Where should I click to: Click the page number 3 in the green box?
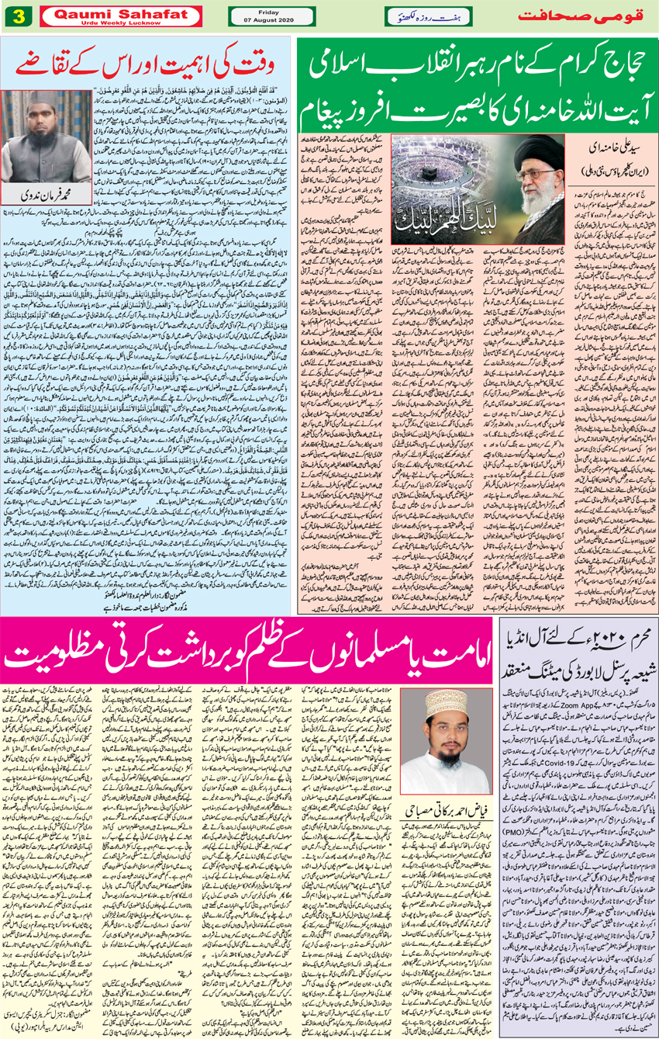[19, 16]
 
